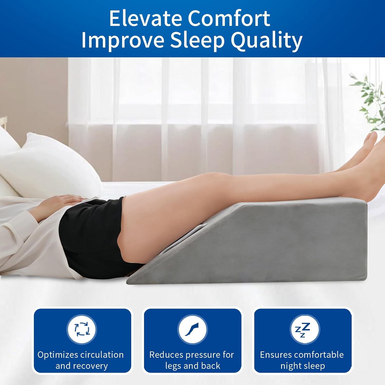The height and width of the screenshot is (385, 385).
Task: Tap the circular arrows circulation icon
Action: [x=82, y=329]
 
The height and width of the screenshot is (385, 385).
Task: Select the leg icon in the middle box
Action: [x=192, y=329]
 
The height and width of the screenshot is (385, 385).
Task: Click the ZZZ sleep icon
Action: [x=303, y=329]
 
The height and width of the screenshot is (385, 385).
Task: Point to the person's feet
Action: [x=370, y=146]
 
